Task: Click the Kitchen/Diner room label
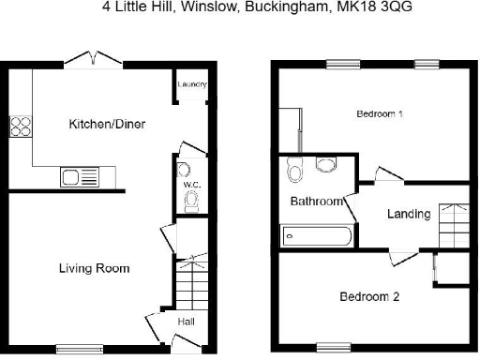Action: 107,124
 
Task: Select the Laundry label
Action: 192,85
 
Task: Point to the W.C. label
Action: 187,184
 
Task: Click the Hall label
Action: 186,322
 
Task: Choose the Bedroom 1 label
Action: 380,114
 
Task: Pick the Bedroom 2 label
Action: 369,297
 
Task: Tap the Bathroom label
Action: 315,202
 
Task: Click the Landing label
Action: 409,214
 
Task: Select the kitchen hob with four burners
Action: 21,127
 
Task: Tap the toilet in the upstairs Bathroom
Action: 296,172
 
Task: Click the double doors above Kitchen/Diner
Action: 94,60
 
